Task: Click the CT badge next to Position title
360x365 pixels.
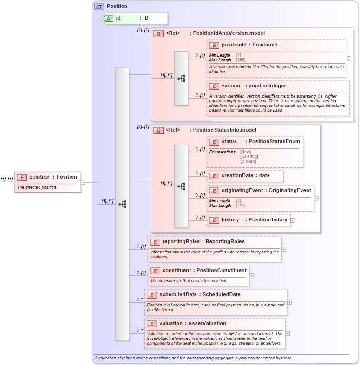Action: tap(99, 7)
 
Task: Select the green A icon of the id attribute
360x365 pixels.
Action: tap(108, 18)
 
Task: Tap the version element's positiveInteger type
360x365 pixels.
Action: tap(267, 86)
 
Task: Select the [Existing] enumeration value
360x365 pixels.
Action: tap(249, 156)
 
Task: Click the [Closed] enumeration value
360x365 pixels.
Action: tap(248, 161)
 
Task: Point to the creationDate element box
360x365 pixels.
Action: tap(245, 176)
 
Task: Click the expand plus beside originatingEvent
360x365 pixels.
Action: tap(316, 198)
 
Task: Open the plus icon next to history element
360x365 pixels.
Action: tap(293, 220)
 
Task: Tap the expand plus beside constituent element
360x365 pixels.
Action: tap(252, 276)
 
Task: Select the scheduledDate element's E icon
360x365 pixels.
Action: tap(151, 295)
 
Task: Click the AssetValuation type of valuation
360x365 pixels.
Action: tap(207, 324)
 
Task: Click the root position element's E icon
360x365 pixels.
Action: tap(22, 177)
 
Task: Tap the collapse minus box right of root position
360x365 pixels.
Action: tap(83, 182)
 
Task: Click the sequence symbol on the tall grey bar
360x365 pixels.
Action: tap(123, 204)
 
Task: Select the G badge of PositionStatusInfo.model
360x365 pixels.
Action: tap(158, 131)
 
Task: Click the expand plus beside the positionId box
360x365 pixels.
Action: tap(349, 59)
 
